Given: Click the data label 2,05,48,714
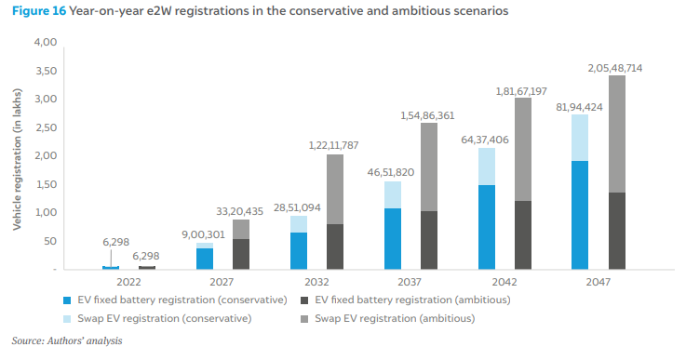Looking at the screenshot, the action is click(614, 68).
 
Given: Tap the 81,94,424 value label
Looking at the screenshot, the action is click(579, 107).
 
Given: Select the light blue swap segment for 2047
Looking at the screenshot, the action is click(580, 138).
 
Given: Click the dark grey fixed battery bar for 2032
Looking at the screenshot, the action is click(335, 247).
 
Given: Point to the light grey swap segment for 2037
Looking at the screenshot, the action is click(429, 167).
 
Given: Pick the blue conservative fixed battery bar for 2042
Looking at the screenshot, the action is click(487, 227).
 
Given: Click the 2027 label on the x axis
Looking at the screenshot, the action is click(222, 282).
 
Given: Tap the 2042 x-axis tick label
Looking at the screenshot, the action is click(504, 282).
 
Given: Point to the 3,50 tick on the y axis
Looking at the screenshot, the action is click(47, 71).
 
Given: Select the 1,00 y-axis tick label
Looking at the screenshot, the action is click(47, 213).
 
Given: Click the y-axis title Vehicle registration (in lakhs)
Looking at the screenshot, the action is click(17, 159).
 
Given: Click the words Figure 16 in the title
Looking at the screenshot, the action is click(39, 10).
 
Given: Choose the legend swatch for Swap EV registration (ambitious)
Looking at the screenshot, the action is click(304, 319).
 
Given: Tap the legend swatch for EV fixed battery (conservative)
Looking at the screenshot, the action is click(67, 300).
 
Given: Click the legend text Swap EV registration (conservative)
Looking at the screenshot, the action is click(165, 318).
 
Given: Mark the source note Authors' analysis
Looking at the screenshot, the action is click(85, 340).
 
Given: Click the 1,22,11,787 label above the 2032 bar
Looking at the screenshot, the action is click(333, 145).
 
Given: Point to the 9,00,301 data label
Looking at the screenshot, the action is click(204, 234).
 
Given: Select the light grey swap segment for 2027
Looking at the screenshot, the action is click(241, 229).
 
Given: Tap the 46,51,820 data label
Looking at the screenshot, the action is click(391, 172).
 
